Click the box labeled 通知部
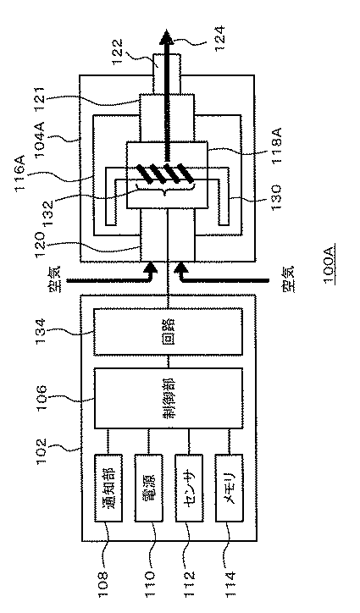[x=108, y=488]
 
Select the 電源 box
[x=149, y=488]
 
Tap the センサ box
[x=190, y=488]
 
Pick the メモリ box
[x=230, y=488]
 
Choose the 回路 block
[x=168, y=332]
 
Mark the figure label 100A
[x=328, y=265]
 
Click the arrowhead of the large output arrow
[x=167, y=37]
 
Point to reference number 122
[x=119, y=52]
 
